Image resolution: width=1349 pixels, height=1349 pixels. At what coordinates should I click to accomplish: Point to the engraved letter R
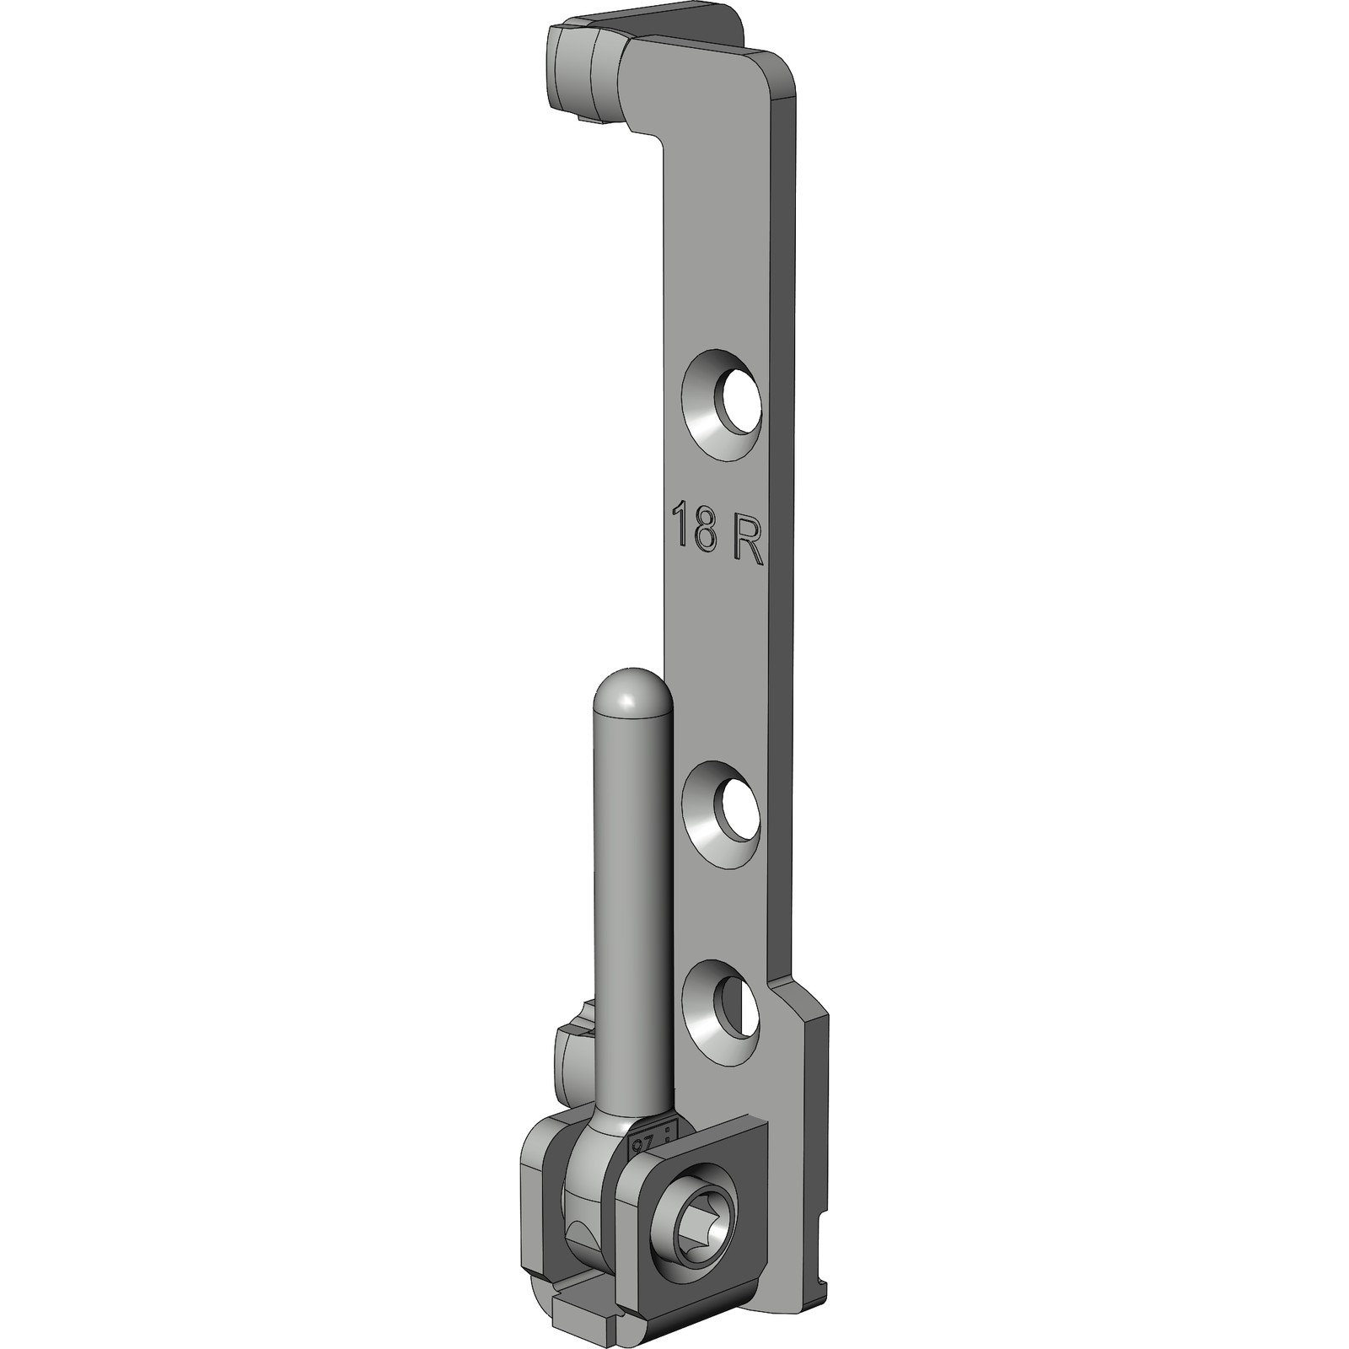tap(746, 546)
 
